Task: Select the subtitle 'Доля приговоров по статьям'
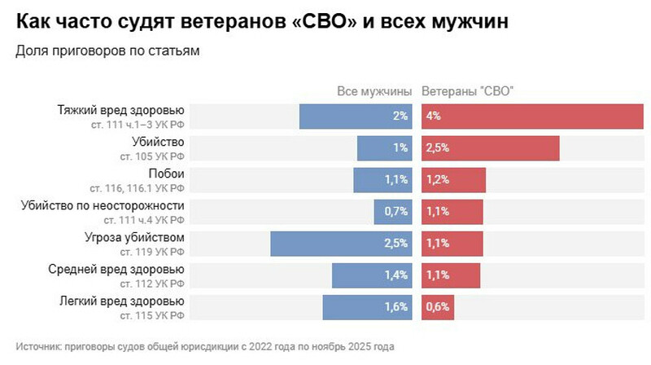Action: point(107,51)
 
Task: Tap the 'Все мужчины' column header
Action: point(374,91)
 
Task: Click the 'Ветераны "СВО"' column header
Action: point(468,91)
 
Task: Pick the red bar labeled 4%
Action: point(532,116)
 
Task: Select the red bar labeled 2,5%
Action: point(490,148)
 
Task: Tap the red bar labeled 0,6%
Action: point(437,307)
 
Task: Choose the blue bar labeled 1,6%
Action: point(368,307)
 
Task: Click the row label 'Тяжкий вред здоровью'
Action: point(121,110)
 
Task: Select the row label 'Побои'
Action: point(166,174)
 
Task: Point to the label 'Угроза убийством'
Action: point(139,237)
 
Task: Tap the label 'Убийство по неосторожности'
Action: point(103,205)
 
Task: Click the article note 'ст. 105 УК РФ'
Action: point(152,156)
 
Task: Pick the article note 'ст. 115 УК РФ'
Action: point(152,314)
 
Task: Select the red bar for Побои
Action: point(453,180)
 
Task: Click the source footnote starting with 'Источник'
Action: point(204,345)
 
